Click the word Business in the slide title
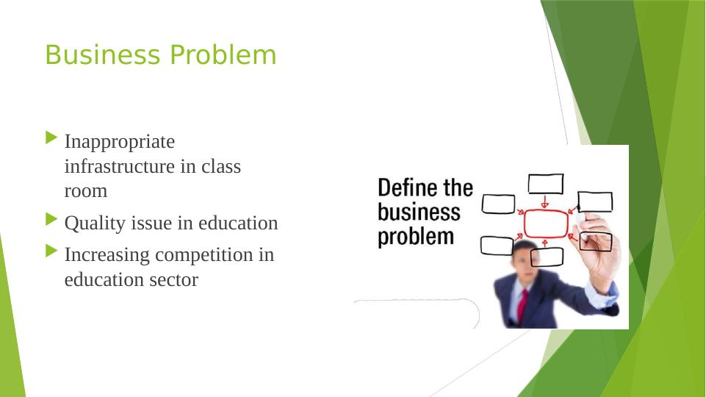pyautogui.click(x=103, y=55)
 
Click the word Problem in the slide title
pyautogui.click(x=223, y=55)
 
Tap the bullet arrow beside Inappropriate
pyautogui.click(x=51, y=138)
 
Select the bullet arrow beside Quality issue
pyautogui.click(x=51, y=220)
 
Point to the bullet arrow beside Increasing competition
pyautogui.click(x=51, y=251)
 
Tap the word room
pyautogui.click(x=85, y=191)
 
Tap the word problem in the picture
pyautogui.click(x=416, y=237)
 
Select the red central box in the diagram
pyautogui.click(x=546, y=224)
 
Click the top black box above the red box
pyautogui.click(x=546, y=185)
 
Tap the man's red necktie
pyautogui.click(x=522, y=306)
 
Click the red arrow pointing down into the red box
pyautogui.click(x=545, y=201)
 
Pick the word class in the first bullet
pyautogui.click(x=221, y=166)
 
